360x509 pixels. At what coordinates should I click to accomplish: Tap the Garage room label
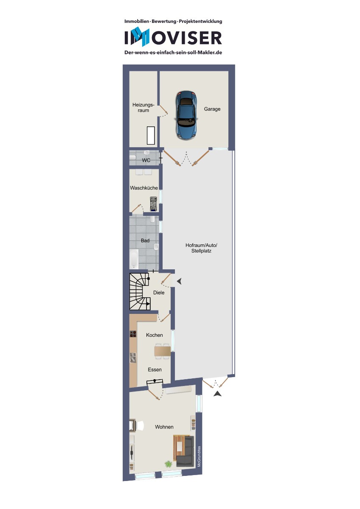[x=212, y=109]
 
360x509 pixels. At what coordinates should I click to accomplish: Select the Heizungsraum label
[x=143, y=107]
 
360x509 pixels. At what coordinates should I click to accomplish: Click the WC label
[x=146, y=160]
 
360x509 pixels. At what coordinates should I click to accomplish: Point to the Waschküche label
[x=144, y=188]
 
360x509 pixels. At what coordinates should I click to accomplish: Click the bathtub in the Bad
[x=134, y=259]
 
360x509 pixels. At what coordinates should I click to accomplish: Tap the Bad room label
[x=145, y=241]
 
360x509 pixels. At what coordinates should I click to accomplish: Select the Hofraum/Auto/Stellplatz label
[x=201, y=248]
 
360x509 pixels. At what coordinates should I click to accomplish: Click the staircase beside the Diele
[x=140, y=291]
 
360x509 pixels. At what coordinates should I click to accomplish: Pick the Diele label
[x=159, y=293]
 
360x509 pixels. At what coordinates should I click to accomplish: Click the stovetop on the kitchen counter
[x=133, y=334]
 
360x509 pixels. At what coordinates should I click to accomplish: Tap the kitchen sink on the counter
[x=133, y=358]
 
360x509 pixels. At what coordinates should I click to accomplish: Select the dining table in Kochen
[x=162, y=351]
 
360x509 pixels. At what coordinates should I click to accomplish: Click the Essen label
[x=155, y=370]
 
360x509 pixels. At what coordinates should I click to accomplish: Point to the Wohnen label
[x=164, y=427]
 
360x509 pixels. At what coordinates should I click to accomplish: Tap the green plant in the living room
[x=168, y=464]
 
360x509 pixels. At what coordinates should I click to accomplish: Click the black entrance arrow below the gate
[x=217, y=394]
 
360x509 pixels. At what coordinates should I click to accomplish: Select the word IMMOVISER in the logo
[x=173, y=37]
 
